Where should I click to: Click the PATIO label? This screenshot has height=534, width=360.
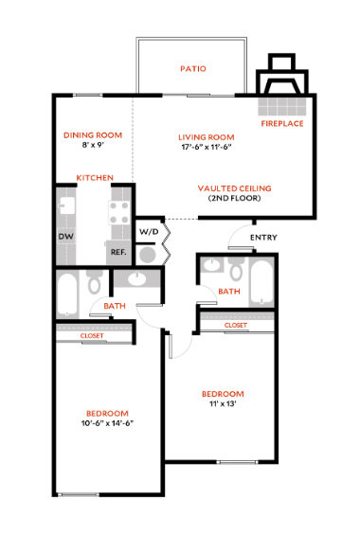click(x=193, y=69)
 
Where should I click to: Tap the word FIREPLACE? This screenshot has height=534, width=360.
click(x=282, y=124)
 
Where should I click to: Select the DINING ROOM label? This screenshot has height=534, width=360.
click(x=93, y=135)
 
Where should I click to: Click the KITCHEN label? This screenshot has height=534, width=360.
click(x=95, y=178)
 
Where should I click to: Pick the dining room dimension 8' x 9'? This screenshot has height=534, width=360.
click(x=93, y=147)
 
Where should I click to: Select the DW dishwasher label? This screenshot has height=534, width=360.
click(x=65, y=236)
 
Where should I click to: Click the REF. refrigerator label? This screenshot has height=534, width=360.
click(x=118, y=252)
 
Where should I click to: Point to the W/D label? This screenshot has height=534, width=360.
click(x=149, y=231)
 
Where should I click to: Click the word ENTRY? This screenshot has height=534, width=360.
click(x=262, y=237)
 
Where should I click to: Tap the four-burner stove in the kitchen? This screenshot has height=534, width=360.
click(x=119, y=216)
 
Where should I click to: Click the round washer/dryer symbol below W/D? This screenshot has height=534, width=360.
click(x=148, y=254)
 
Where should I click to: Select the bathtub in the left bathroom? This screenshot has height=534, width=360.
click(x=68, y=295)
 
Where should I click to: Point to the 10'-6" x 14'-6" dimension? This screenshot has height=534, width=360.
click(x=107, y=424)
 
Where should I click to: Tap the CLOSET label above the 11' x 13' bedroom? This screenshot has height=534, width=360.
click(x=236, y=326)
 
